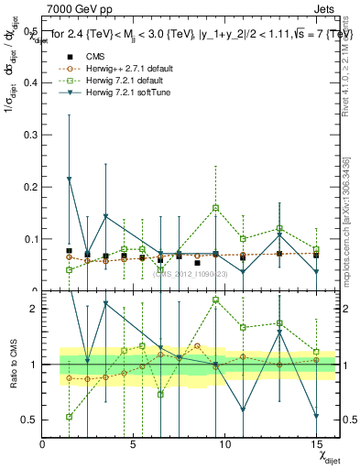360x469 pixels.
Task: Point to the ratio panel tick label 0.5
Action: pos(31,420)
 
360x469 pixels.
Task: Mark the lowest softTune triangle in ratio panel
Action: pos(316,416)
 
